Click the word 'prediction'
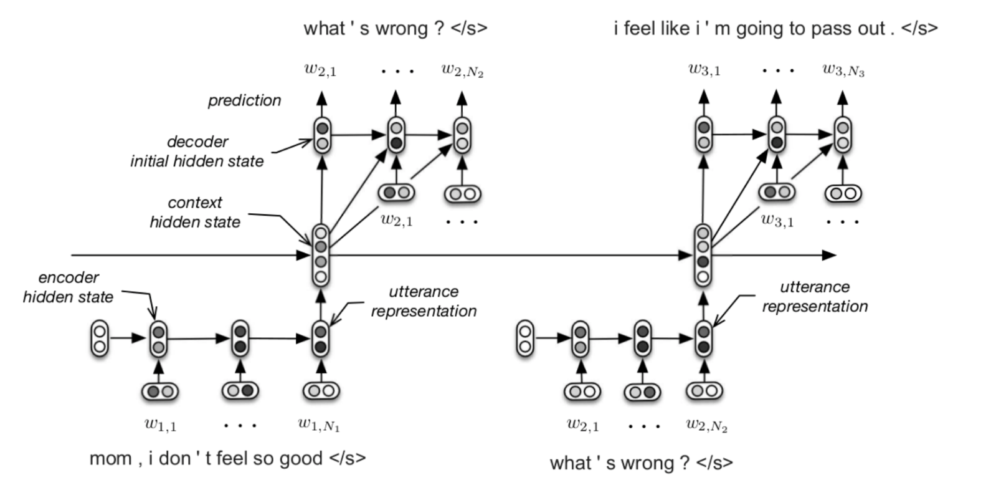244,100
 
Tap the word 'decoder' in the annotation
197,142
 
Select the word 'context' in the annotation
195,203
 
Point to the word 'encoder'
69,277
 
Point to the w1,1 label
160,425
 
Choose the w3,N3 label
843,70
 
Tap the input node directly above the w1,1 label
160,392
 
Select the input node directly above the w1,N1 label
321,392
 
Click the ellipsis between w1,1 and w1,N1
240,426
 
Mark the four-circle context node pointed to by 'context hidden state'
321,254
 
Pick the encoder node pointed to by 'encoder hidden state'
159,339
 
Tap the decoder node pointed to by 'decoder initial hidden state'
322,135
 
